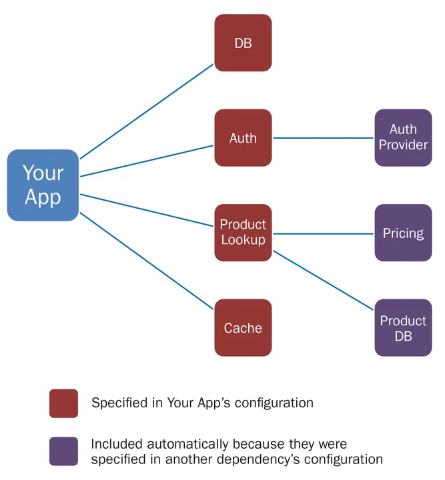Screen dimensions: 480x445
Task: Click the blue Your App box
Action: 43,185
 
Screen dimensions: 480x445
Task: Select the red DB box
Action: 243,43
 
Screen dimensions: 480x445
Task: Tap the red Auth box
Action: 243,138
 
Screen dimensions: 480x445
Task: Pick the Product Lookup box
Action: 243,233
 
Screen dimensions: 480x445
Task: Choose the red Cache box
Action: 243,327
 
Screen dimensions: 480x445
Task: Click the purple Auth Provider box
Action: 403,138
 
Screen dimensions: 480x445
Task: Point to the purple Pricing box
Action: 403,233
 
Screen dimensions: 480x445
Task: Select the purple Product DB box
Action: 403,327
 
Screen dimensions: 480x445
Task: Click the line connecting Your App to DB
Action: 147,111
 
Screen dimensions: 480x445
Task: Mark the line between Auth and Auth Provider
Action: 324,139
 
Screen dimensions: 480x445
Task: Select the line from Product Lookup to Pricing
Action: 324,234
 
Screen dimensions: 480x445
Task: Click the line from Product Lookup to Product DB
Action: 324,279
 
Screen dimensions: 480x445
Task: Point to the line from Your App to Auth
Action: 147,161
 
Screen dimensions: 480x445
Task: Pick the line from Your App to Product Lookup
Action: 147,211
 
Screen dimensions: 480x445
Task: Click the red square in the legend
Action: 63,403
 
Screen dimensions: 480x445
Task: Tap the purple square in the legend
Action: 63,451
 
